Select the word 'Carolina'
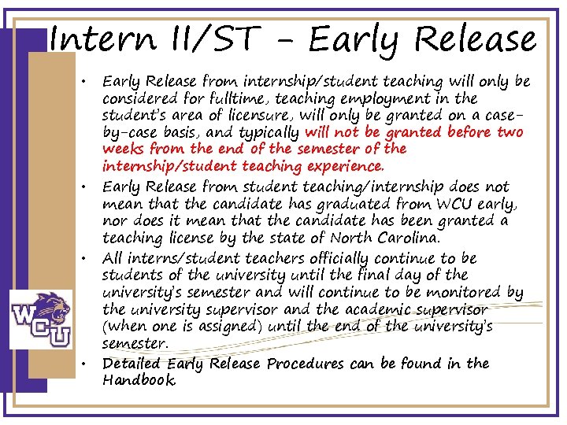point(402,238)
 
